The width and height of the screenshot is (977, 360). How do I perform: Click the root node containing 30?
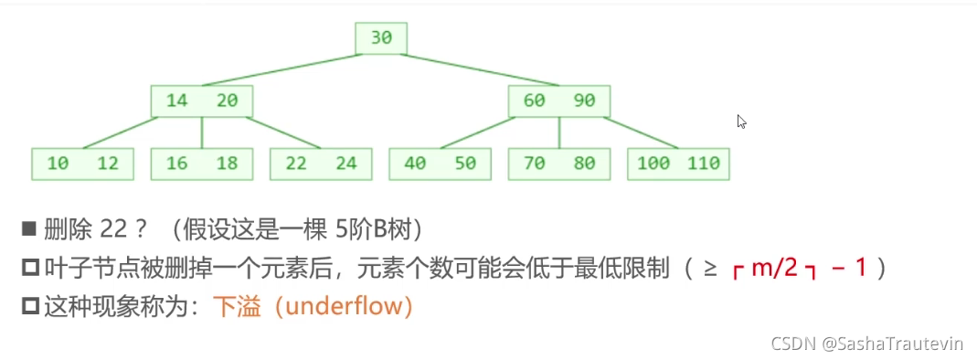(381, 38)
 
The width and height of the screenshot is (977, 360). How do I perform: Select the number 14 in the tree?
(177, 101)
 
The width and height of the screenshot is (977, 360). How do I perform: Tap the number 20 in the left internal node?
(228, 101)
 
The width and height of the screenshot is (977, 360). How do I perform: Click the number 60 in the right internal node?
(534, 101)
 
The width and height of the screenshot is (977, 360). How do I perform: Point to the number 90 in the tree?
(584, 101)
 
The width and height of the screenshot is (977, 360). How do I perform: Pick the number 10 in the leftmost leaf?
(58, 164)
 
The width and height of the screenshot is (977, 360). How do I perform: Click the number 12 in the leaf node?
(108, 164)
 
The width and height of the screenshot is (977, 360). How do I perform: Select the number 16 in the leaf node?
(177, 164)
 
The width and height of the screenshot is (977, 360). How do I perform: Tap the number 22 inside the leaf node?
(296, 164)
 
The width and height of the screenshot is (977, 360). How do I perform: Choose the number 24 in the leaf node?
(346, 164)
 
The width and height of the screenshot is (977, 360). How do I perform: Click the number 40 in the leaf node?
(415, 164)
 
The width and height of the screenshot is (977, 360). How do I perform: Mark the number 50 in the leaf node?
(465, 164)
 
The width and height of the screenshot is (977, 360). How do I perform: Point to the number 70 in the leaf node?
(534, 164)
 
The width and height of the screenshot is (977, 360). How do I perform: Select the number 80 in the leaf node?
(584, 164)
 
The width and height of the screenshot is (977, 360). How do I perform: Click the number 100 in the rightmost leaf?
(653, 164)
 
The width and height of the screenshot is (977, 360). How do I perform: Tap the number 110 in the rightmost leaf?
(704, 164)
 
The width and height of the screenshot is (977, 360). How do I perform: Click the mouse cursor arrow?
(741, 122)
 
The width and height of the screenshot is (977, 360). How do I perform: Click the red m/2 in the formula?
(775, 269)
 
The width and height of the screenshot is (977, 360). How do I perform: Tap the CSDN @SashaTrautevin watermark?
(866, 344)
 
